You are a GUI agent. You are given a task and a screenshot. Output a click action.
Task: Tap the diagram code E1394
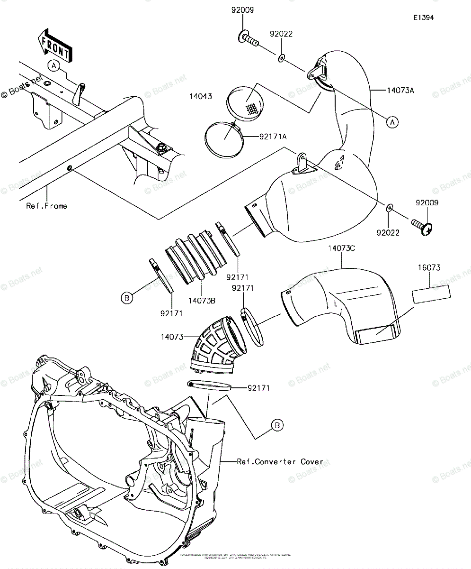[x=423, y=18]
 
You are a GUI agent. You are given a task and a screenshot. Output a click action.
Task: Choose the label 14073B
[x=201, y=300]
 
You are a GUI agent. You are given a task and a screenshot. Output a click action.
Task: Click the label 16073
[x=428, y=268]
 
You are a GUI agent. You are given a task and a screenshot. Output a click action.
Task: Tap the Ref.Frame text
[x=47, y=206]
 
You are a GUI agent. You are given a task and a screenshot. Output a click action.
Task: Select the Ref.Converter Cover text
[x=280, y=461]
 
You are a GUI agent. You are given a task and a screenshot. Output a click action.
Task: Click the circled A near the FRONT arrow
[x=55, y=66]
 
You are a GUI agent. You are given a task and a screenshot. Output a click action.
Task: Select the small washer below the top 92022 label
[x=281, y=57]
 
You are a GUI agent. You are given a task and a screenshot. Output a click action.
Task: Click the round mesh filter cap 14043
[x=244, y=101]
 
